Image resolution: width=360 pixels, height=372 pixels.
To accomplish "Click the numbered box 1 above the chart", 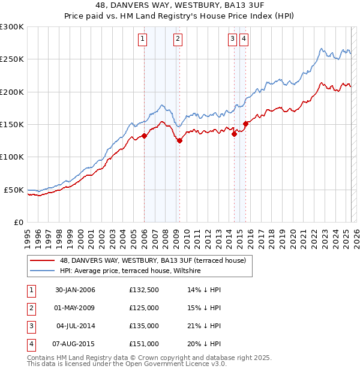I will (x=143, y=40).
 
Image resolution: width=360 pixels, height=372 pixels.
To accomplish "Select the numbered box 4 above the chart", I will (x=245, y=40).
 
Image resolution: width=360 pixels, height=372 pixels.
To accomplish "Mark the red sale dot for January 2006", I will (x=145, y=136).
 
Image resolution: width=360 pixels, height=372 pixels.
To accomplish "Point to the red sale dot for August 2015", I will (x=245, y=124).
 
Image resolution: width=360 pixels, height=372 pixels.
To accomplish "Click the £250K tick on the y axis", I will (x=12, y=59).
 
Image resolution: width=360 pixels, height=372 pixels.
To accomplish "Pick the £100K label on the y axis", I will (x=12, y=157).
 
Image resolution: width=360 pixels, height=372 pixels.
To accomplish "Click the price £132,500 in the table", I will (x=144, y=290).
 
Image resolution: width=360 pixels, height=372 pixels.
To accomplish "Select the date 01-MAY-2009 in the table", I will (x=75, y=308).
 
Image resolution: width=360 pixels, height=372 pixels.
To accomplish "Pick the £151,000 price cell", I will (x=144, y=344).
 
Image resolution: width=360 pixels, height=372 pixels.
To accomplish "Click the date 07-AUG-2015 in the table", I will (x=75, y=344).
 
